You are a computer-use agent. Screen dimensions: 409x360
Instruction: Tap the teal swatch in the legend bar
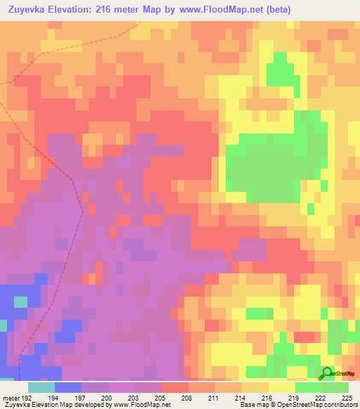click(x=41, y=387)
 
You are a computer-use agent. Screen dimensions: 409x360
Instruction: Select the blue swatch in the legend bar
click(x=67, y=387)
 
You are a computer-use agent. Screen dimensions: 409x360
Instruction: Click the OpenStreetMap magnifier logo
click(x=327, y=374)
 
